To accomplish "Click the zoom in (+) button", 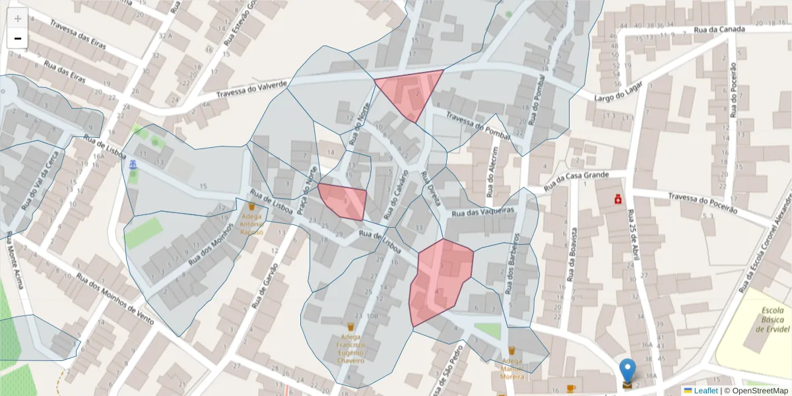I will coord(18,18).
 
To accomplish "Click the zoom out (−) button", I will coord(18,38).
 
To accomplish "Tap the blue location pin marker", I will coord(628,372).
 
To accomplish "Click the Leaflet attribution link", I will coord(706,391).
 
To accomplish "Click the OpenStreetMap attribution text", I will coord(761,391).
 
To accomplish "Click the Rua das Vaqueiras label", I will coord(482,212).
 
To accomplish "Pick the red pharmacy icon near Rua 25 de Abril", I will coord(618,197).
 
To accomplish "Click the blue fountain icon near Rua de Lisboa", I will coord(133,164).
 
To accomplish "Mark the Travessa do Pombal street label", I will coord(478,125).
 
